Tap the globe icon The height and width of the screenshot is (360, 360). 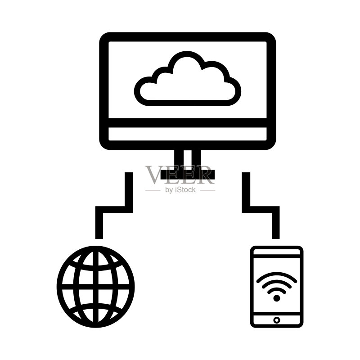(95, 287)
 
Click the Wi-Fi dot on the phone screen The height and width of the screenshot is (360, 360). (277, 298)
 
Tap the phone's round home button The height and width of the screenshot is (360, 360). (277, 320)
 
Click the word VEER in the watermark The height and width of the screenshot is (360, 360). (180, 175)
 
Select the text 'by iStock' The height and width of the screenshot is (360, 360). (180, 189)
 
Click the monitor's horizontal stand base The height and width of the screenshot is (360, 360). (187, 175)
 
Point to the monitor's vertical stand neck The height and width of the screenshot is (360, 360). (188, 160)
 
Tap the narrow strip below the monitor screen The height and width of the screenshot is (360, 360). (187, 134)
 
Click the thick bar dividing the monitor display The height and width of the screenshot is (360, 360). (187, 123)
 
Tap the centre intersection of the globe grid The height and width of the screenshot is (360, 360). (96, 287)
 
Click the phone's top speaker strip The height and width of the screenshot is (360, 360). (277, 252)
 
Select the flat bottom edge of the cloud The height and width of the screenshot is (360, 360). (187, 103)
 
